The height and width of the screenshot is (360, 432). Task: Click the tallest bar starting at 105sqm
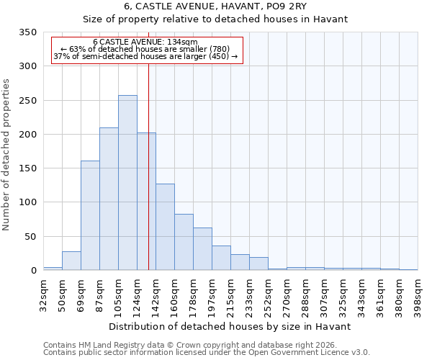127,183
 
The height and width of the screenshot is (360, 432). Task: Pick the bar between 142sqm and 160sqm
165,228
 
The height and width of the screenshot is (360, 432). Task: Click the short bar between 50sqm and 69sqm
71,261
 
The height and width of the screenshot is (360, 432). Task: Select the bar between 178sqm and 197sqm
202,249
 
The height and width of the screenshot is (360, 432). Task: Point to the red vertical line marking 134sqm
148,166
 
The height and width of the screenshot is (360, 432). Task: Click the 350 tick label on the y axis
27,32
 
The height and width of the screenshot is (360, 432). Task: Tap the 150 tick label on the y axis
27,168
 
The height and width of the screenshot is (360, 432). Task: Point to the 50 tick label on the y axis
30,237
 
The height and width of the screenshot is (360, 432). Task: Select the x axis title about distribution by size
230,326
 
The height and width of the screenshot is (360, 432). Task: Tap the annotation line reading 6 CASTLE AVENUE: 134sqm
145,42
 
